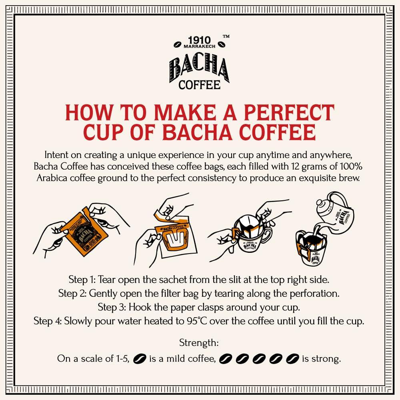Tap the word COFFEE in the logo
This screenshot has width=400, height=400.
tap(199, 85)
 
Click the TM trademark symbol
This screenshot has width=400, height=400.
tap(226, 36)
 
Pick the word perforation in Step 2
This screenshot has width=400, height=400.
tap(313, 293)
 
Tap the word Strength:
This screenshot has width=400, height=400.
tap(199, 342)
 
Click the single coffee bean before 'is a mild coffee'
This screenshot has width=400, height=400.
tap(140, 358)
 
